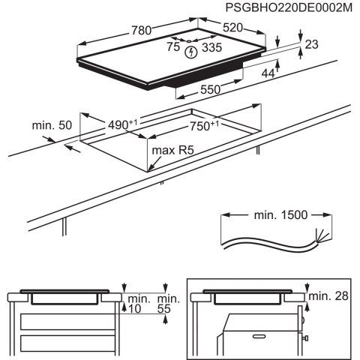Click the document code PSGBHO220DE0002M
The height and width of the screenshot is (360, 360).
(x=288, y=7)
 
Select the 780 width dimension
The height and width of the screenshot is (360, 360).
(x=139, y=31)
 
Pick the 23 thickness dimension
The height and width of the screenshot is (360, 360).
(x=312, y=45)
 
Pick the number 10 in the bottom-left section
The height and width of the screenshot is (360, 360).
(x=134, y=308)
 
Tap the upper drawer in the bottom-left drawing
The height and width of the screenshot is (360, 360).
(x=67, y=322)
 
